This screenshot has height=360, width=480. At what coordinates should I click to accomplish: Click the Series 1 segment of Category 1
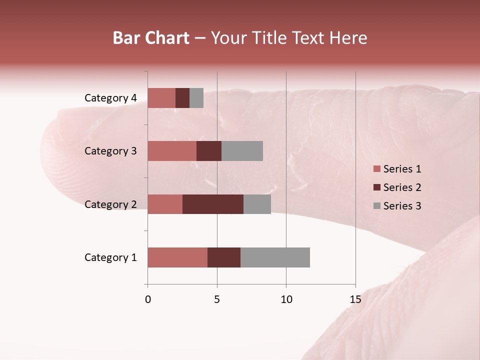[x=177, y=257]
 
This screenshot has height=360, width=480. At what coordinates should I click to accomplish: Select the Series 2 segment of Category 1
[x=224, y=257]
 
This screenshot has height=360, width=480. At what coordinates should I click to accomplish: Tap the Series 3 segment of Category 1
[x=275, y=257]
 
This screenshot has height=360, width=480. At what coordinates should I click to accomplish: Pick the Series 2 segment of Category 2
[x=213, y=204]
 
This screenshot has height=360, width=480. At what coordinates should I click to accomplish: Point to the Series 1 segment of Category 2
[x=165, y=204]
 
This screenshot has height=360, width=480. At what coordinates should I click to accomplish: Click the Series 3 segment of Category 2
[x=257, y=204]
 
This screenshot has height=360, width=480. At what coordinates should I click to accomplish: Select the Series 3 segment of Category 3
[x=242, y=151]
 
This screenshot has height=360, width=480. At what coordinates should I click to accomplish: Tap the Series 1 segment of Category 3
[x=172, y=151]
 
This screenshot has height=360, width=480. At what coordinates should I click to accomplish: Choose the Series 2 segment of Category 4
[x=182, y=98]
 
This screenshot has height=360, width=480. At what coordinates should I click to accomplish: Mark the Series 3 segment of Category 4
[x=196, y=98]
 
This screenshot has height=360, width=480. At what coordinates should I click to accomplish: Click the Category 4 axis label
[x=110, y=98]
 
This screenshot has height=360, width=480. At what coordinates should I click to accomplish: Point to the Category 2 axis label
[x=110, y=204]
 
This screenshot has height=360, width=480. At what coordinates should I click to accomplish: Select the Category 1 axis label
[x=110, y=257]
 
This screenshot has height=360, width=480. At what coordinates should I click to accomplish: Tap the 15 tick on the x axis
[x=355, y=299]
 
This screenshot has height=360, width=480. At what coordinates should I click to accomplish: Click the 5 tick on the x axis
[x=217, y=299]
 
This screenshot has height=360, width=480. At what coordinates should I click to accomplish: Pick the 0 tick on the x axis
[x=148, y=299]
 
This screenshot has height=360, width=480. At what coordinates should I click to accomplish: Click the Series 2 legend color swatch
[x=376, y=187]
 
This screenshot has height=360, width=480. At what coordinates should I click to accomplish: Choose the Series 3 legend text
[x=402, y=206]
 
